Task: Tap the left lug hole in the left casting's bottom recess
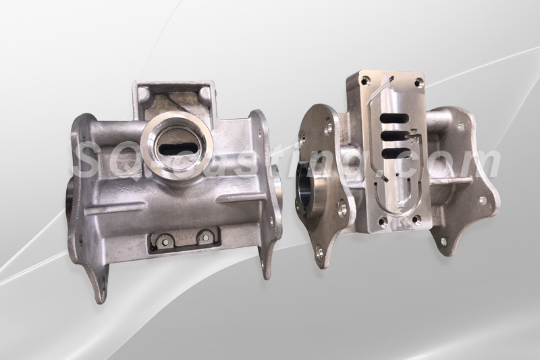click(164, 242)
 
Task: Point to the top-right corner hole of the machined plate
click(418, 82)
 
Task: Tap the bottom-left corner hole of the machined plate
click(382, 220)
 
